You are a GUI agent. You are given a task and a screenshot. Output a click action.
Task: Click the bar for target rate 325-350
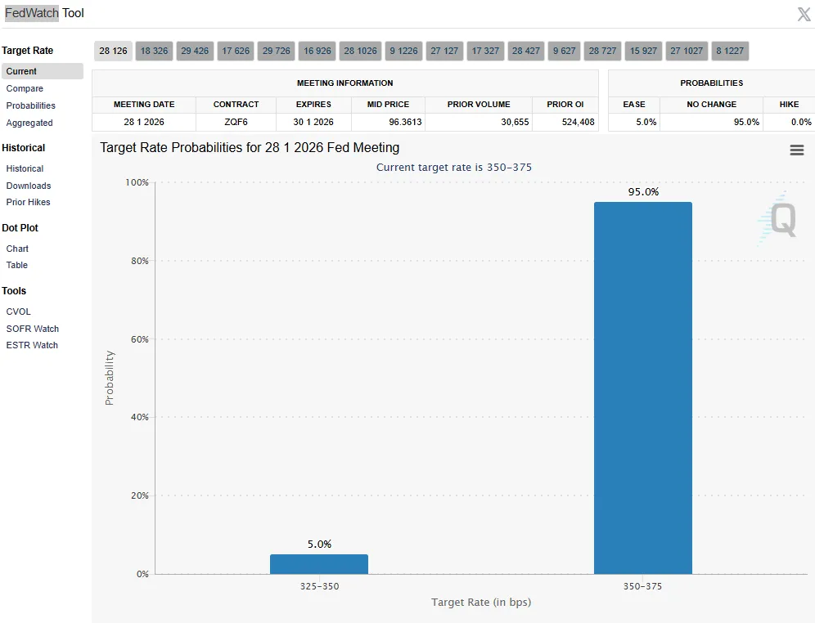coord(319,564)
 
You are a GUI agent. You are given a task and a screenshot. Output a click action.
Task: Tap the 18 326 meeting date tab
coord(154,51)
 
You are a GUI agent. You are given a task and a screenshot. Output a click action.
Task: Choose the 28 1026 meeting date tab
coord(360,51)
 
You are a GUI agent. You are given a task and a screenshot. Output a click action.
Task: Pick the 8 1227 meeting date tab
coord(730,51)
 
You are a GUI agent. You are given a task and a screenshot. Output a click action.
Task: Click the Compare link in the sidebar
coord(25,88)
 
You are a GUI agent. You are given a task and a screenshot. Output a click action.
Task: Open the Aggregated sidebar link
coord(29,123)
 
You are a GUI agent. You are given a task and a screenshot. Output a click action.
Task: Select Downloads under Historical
coord(29,186)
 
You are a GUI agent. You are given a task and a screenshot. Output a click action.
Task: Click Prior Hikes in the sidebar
coord(29,202)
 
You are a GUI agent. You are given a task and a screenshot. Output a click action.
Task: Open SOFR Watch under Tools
coord(33,329)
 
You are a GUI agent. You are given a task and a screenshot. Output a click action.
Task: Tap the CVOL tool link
coord(19,311)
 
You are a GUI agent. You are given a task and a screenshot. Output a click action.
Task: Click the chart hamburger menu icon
coord(796,150)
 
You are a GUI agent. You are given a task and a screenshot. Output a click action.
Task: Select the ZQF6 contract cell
coord(236,122)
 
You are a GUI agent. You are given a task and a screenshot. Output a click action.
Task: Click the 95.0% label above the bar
coord(643,192)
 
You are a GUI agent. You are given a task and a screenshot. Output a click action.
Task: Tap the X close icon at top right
coord(804,14)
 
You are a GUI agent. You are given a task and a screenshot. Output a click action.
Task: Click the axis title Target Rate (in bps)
coord(481,603)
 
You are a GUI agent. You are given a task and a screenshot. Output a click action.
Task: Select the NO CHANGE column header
coord(711,105)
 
